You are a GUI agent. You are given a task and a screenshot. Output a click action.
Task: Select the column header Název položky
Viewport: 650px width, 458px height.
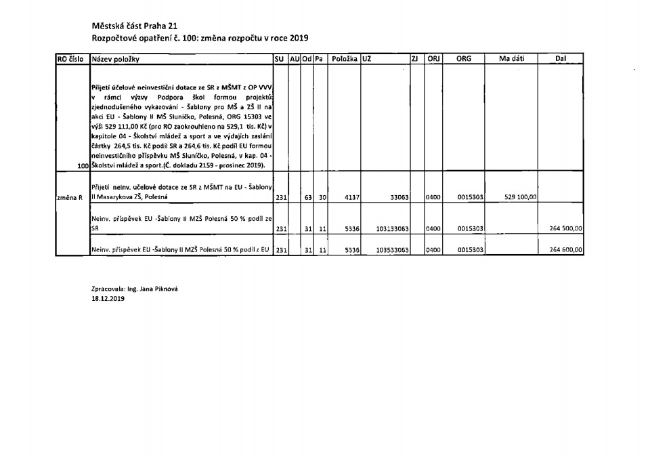(115, 60)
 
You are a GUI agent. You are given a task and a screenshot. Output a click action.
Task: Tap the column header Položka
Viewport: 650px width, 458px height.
(345, 60)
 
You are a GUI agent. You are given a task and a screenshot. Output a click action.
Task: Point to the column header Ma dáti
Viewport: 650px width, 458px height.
(512, 60)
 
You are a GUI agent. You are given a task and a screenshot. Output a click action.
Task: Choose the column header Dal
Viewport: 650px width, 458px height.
(560, 60)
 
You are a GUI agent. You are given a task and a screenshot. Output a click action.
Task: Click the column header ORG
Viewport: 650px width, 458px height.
(464, 60)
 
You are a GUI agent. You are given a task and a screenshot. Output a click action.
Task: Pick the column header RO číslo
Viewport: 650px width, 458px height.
(70, 60)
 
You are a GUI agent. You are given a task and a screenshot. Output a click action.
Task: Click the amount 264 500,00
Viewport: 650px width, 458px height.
(565, 229)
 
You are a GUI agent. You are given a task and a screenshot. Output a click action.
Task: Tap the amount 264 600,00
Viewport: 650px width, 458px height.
(565, 250)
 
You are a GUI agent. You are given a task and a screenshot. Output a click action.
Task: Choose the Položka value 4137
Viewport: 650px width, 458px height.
(351, 197)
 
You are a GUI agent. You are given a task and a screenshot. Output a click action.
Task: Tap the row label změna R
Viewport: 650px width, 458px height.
(70, 197)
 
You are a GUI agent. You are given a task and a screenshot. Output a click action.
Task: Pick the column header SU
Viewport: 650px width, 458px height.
(279, 60)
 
